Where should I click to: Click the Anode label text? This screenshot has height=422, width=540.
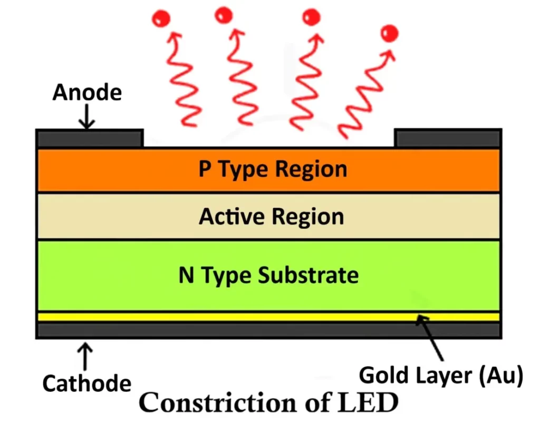click(87, 93)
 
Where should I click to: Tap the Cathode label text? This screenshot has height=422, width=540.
click(86, 383)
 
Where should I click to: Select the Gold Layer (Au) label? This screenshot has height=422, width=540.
click(440, 376)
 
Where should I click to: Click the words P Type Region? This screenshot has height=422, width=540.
click(273, 170)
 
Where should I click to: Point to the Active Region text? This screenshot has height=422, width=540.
click(271, 217)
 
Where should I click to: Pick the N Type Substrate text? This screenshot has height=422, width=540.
click(268, 275)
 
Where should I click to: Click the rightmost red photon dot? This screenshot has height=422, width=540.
click(390, 34)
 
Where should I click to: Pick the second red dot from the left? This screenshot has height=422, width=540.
click(224, 15)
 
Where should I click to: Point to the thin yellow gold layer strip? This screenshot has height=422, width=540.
click(268, 317)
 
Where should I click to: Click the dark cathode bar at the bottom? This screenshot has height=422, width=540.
click(268, 330)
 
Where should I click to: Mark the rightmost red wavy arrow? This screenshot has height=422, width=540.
click(364, 95)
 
